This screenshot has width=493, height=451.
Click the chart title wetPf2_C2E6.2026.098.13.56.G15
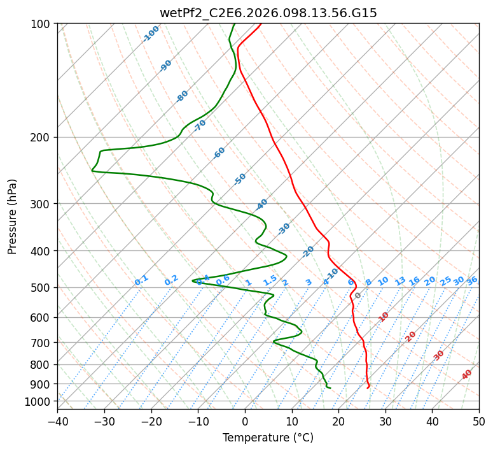pos(268,13)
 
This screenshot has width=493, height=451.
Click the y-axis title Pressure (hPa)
pos(13,217)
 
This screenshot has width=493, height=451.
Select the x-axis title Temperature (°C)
pos(268,438)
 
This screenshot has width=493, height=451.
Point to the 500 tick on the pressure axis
pos(43,288)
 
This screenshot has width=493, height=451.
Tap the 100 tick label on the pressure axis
pos(43,24)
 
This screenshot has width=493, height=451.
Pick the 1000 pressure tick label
pos(40,401)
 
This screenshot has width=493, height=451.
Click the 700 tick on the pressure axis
pos(43,343)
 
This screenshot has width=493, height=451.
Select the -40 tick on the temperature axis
pos(57,422)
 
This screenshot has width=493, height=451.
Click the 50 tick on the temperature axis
pos(479,422)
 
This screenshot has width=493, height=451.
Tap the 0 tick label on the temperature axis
pos(245,422)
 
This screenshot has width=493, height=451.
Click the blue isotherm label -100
pos(151,34)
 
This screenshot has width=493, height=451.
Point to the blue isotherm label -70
pos(200,125)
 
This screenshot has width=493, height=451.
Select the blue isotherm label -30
pos(284,229)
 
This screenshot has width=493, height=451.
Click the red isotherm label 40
pos(467,375)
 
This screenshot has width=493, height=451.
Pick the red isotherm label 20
pos(411,336)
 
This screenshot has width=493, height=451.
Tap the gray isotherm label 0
pos(358,296)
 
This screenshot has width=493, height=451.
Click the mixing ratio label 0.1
pos(141,280)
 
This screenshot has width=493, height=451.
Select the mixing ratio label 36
pos(472,280)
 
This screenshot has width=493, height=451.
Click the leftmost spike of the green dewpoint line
pos(92,171)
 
